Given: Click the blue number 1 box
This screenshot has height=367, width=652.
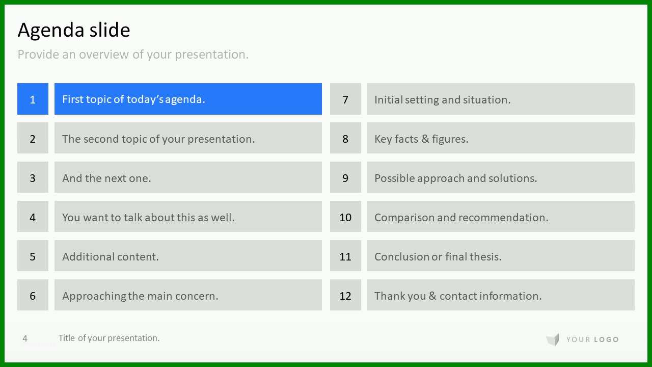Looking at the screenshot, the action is [x=33, y=99].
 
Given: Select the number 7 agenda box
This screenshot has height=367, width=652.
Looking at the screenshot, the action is [x=345, y=99].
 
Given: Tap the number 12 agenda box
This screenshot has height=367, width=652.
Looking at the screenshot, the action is [x=345, y=295].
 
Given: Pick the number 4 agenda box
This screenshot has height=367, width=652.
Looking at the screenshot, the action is [x=33, y=217].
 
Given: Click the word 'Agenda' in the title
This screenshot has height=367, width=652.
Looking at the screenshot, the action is [x=51, y=30].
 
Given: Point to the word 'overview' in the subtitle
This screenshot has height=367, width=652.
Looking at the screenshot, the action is [x=104, y=55].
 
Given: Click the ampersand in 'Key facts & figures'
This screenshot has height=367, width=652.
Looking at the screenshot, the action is [x=425, y=139].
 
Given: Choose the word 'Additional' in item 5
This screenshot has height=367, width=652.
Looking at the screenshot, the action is [x=88, y=256].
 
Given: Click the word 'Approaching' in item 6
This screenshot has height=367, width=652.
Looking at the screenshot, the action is [x=94, y=296].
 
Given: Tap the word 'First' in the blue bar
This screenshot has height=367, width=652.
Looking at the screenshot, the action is [x=73, y=99].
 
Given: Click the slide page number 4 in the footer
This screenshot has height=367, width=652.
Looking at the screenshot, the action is [x=25, y=338].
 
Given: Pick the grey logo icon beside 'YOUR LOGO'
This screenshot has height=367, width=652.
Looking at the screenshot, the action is [x=553, y=339].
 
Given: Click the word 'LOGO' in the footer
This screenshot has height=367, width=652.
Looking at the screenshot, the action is [x=606, y=339].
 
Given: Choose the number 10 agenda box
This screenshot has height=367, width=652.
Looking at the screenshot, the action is [x=345, y=217].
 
